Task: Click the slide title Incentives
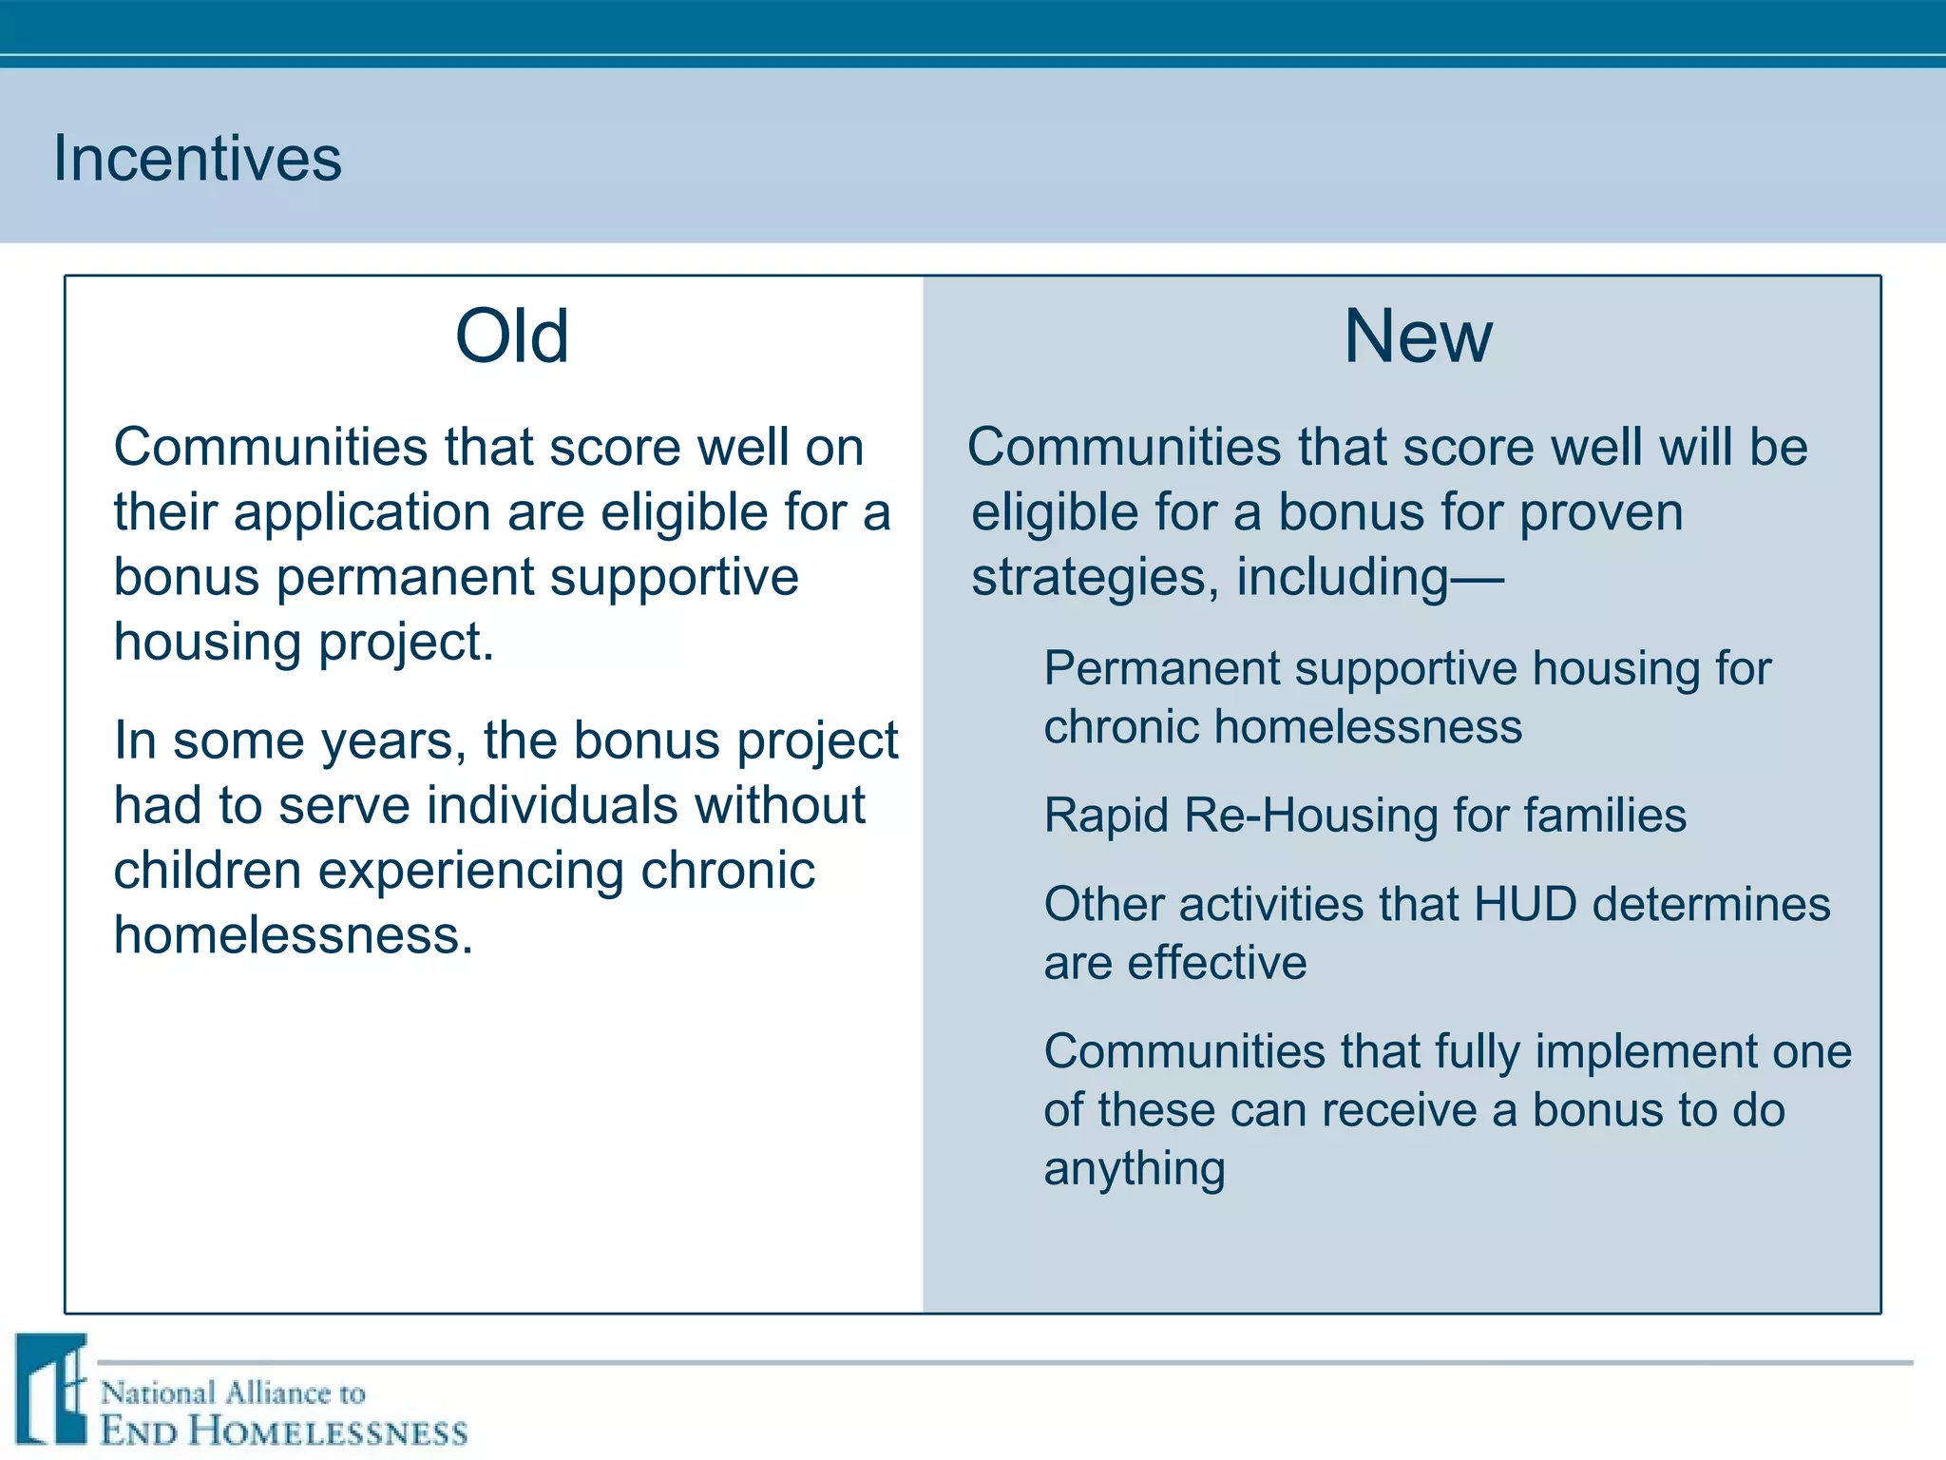point(197,158)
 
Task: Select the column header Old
point(512,336)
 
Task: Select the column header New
point(1418,336)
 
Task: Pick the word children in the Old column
point(207,871)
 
